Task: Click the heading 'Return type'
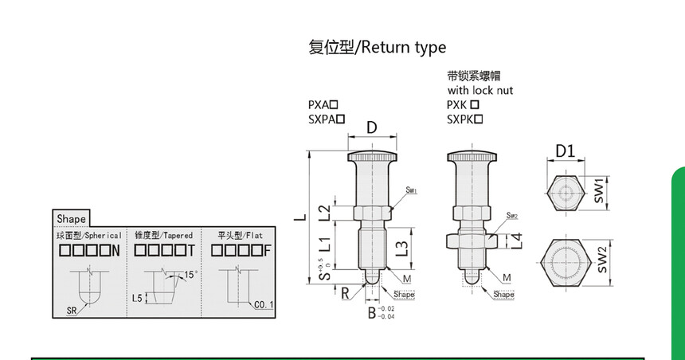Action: [x=401, y=49]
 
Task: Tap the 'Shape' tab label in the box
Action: [x=71, y=218]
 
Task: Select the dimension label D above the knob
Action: [x=371, y=128]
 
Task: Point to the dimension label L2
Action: [x=324, y=213]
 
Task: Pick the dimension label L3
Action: [x=403, y=248]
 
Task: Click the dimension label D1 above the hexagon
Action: [x=564, y=151]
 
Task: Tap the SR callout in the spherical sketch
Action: [x=71, y=311]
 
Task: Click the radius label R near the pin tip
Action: [x=345, y=292]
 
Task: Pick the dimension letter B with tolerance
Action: [x=371, y=312]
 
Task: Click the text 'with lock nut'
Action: [x=479, y=90]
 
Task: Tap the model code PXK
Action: [x=456, y=104]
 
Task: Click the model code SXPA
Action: [x=322, y=119]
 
